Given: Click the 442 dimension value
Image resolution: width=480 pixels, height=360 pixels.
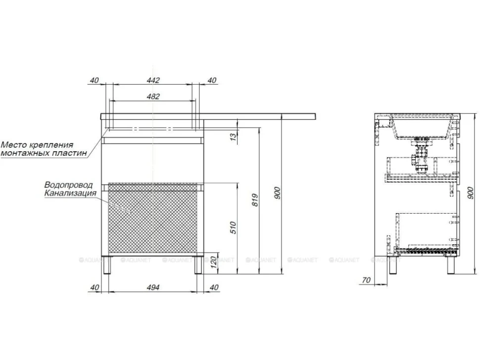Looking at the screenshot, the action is click(153, 81).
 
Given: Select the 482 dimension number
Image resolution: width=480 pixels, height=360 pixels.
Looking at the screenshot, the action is click(153, 96).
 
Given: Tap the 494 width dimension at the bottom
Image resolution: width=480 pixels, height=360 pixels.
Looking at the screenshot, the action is click(153, 287).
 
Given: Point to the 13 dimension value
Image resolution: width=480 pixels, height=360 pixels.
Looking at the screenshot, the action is click(233, 137).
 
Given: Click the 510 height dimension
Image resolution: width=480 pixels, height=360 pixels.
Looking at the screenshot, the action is click(233, 228).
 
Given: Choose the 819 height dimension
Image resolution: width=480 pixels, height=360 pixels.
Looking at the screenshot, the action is click(256, 200).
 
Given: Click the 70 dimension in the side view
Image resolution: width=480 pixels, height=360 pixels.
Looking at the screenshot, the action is click(366, 280).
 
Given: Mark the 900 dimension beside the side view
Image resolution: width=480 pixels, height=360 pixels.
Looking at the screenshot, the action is click(471, 193).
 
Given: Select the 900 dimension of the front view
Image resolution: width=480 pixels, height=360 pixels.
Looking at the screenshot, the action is click(277, 193).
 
